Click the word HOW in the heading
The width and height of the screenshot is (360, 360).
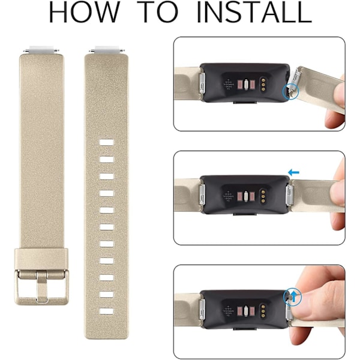click(x=85, y=13)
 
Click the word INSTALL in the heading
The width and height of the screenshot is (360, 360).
click(x=254, y=13)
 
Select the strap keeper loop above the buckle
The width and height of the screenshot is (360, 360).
click(x=41, y=259)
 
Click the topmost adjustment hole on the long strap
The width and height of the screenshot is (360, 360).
click(x=107, y=142)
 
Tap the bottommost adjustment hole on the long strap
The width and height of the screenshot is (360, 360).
click(x=107, y=311)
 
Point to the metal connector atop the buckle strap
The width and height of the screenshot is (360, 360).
click(x=41, y=50)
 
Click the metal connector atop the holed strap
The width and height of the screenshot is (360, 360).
click(x=107, y=50)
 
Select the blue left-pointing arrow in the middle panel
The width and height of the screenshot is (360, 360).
click(x=293, y=172)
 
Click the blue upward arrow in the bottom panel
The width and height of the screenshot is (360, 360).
click(x=293, y=297)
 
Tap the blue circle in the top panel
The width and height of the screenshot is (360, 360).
click(x=290, y=91)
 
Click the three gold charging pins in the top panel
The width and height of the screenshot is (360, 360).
click(x=263, y=84)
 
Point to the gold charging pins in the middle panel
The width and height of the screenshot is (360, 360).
click(x=263, y=196)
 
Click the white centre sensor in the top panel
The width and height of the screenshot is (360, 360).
click(x=246, y=84)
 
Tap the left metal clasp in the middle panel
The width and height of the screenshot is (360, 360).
click(x=202, y=195)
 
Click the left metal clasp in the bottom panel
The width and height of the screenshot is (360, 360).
click(x=202, y=310)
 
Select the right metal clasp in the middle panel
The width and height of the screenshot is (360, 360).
click(x=289, y=194)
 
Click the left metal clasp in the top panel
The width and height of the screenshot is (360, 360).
click(x=202, y=83)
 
